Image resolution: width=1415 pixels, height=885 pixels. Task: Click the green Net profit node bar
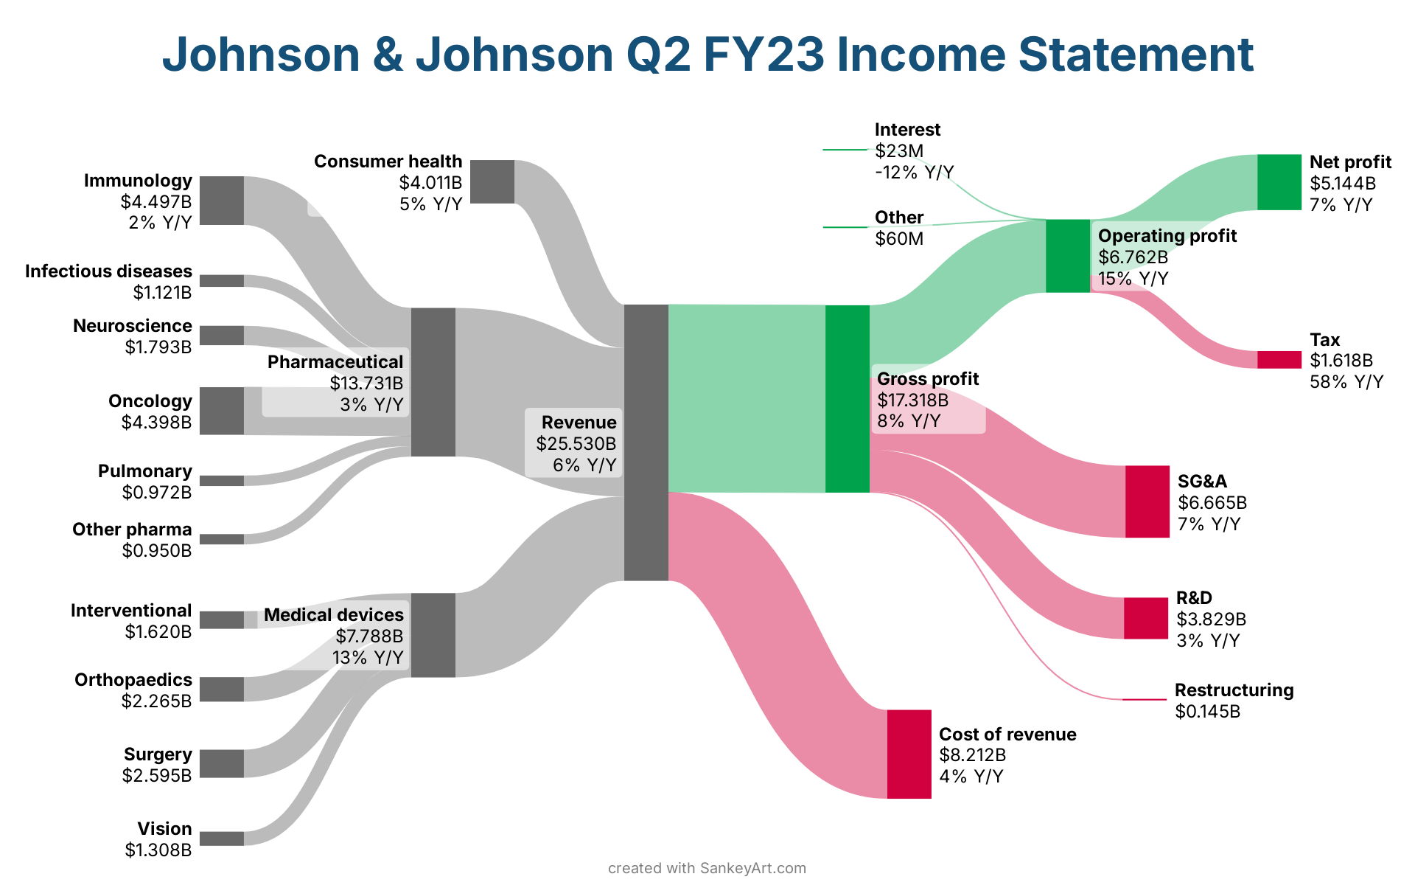(x=1279, y=182)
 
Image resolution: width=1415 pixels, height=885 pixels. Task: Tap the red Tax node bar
(x=1279, y=360)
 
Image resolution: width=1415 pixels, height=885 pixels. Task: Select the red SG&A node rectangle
(x=1147, y=502)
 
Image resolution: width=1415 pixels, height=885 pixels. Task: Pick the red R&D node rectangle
(x=1145, y=618)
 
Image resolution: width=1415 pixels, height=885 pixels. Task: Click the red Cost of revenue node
(x=909, y=754)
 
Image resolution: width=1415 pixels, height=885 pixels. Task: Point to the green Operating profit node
(x=1067, y=256)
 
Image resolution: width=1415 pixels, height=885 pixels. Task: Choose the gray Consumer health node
(x=492, y=181)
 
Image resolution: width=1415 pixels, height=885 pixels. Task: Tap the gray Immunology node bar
(x=221, y=201)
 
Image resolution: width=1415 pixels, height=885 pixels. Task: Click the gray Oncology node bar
(x=221, y=411)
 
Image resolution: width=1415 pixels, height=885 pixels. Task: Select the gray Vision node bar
(x=221, y=839)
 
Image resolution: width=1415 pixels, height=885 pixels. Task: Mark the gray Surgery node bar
(x=221, y=763)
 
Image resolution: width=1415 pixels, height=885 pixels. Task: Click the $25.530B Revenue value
(x=576, y=444)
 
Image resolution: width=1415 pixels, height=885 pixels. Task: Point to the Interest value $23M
(x=899, y=151)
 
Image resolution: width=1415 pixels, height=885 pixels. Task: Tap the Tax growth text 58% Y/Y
(x=1346, y=382)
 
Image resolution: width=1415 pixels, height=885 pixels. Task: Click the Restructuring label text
(x=1234, y=690)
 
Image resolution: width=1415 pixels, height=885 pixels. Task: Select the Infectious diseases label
(x=108, y=271)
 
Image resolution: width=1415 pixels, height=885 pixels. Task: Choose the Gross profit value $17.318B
(x=912, y=400)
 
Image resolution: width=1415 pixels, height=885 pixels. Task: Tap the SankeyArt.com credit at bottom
(x=752, y=868)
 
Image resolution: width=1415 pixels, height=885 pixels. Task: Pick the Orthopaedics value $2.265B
(x=156, y=701)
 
